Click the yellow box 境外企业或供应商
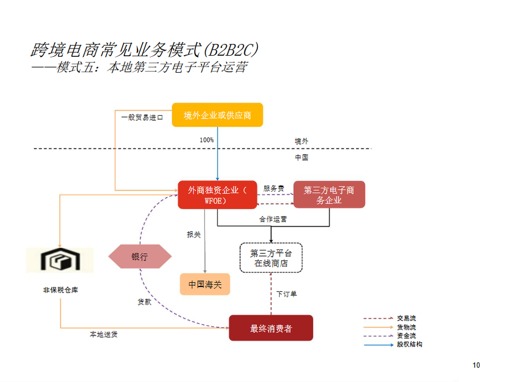[217, 115]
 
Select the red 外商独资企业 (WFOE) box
[217, 195]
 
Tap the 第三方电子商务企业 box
[329, 195]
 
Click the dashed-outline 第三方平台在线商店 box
[271, 258]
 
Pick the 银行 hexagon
[140, 257]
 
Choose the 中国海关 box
[205, 284]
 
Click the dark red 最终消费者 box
[271, 329]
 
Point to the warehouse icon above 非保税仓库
[59, 261]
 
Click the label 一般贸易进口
[142, 117]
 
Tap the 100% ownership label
[207, 140]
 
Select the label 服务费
[274, 188]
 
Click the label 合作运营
[273, 219]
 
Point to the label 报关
[194, 235]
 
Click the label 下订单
[286, 294]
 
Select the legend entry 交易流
[406, 318]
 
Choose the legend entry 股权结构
[409, 344]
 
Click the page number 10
[476, 365]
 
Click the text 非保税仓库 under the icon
[61, 290]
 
